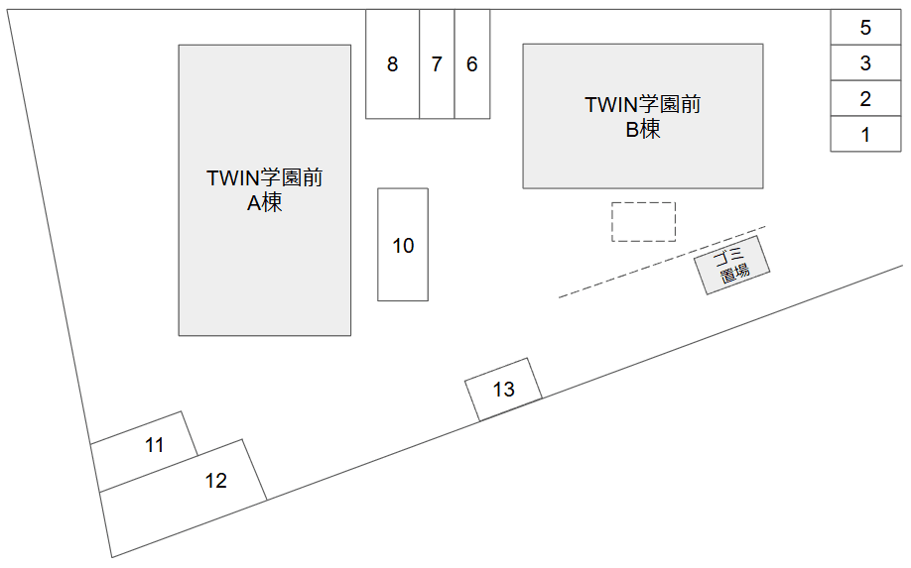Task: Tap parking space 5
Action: [865, 28]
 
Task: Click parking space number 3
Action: [865, 63]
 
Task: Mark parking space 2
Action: [865, 99]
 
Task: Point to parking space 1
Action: [865, 134]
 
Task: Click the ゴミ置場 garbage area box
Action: [732, 265]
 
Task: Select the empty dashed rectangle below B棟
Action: [643, 222]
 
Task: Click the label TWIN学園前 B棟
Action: [643, 116]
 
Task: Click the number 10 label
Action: [403, 245]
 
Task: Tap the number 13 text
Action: [504, 390]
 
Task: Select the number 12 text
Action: [215, 481]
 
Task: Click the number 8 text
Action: [393, 64]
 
